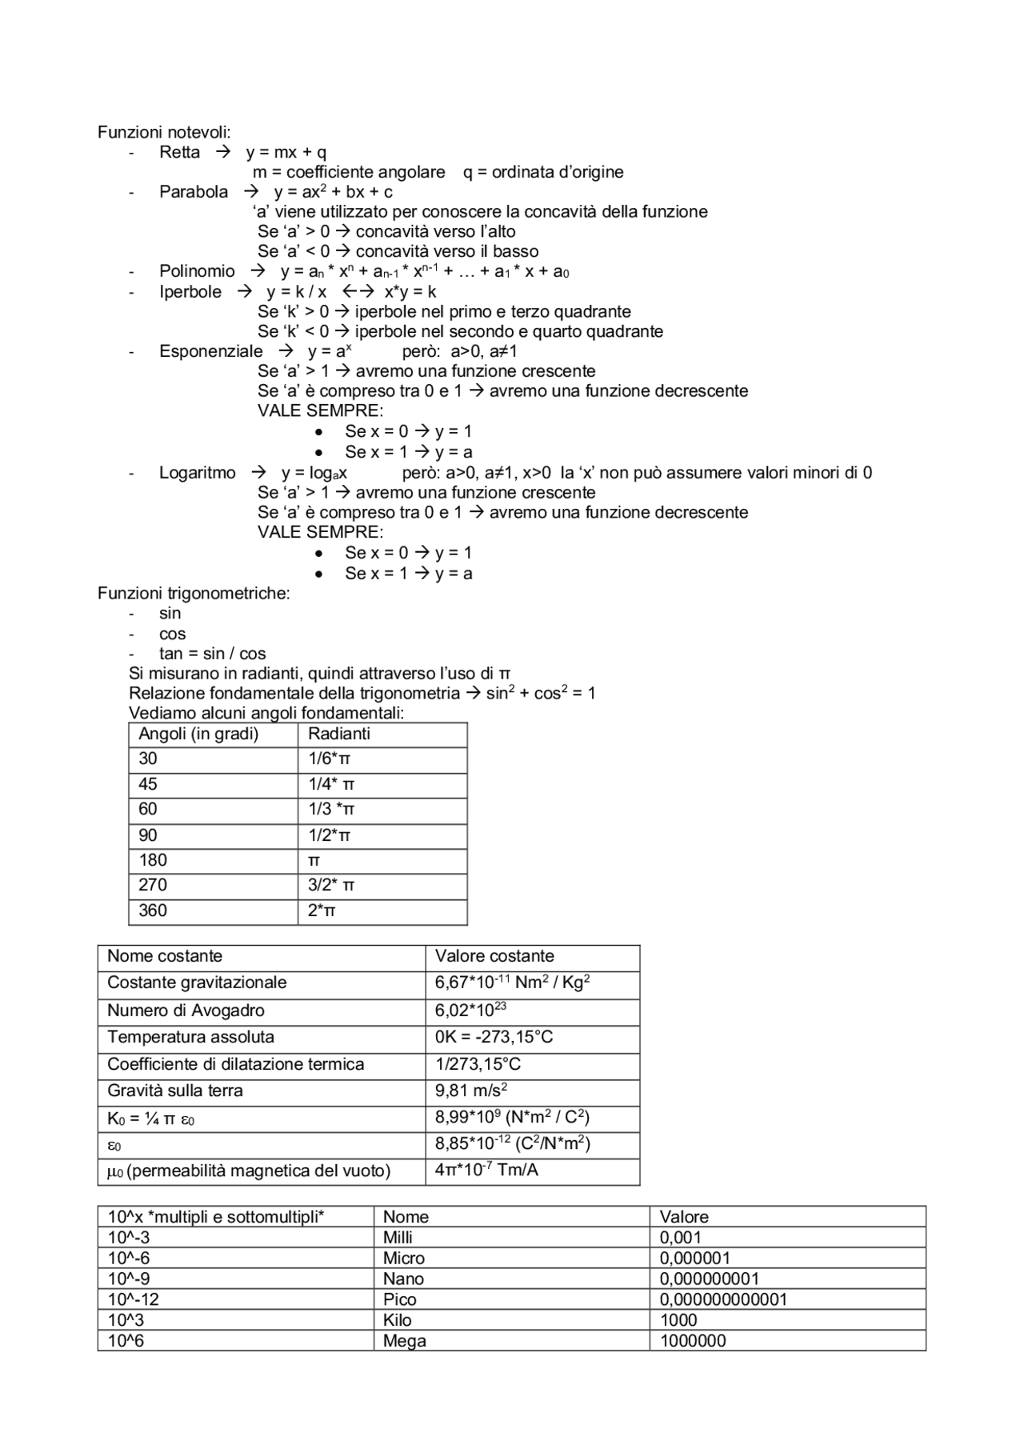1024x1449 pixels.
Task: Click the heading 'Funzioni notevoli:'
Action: pos(164,132)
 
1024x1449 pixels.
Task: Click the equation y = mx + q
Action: pos(286,152)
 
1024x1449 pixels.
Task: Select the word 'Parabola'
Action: pos(194,192)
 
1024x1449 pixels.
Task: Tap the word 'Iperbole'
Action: pos(190,292)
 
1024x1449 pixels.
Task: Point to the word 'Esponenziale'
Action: pos(210,351)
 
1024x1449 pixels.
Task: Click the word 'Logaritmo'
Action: pos(197,473)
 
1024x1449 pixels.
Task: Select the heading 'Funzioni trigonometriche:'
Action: pos(194,594)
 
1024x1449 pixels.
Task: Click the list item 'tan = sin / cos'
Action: pos(212,654)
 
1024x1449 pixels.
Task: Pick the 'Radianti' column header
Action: pos(339,735)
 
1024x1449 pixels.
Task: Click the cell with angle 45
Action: pos(148,784)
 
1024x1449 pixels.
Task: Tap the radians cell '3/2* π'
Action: pos(331,885)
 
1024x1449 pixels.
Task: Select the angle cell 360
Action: pos(153,911)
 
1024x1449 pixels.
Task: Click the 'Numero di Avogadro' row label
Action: pos(186,1011)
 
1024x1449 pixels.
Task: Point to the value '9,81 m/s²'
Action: pos(471,1091)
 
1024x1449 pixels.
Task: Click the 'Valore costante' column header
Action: pos(494,956)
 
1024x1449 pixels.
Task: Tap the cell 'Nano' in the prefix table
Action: pos(403,1279)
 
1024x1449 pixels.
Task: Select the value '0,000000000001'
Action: pos(723,1299)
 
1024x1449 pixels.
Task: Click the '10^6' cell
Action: pos(126,1341)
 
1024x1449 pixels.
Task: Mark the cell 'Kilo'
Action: pos(397,1320)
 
